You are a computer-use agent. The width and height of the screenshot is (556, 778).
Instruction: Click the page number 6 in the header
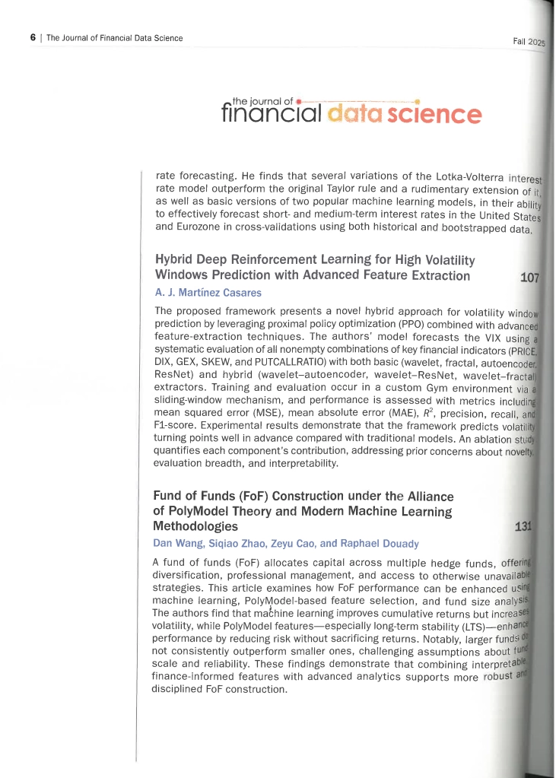(33, 37)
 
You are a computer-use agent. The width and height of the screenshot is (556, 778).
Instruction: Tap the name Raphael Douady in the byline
(378, 543)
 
